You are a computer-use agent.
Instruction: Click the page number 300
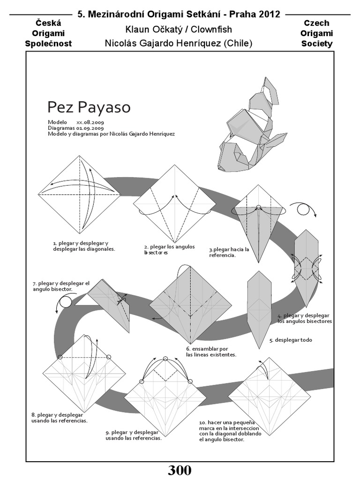pos(180,471)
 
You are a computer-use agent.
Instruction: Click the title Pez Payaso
pos(89,107)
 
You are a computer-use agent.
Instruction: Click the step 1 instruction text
pos(84,246)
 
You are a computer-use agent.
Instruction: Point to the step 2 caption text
pos(163,249)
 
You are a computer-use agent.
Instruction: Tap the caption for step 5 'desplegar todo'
pos(294,340)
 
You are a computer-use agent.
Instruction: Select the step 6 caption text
pos(211,352)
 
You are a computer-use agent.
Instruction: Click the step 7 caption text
pos(61,286)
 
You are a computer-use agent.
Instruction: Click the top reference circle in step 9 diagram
pos(165,359)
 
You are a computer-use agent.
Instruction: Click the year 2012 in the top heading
pos(268,14)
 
